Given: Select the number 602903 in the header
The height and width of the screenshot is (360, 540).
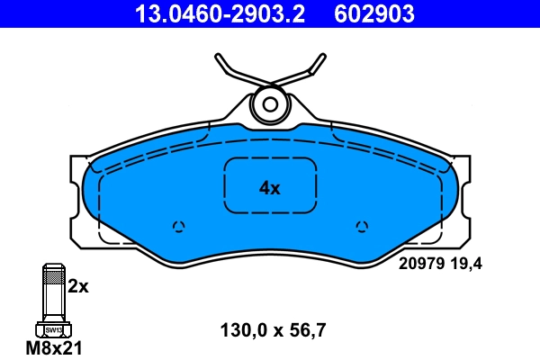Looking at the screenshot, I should point(374,13).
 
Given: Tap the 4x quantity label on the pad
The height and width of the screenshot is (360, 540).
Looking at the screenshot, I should point(270,188).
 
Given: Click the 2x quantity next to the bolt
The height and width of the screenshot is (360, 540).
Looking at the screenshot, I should point(78,287).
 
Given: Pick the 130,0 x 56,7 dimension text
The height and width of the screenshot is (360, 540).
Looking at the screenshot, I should point(273,329).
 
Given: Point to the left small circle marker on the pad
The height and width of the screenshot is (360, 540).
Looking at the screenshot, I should point(178,226).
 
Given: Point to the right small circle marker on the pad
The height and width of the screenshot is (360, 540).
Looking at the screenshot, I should point(362,226).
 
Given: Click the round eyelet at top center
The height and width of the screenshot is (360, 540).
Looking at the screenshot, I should point(270,103).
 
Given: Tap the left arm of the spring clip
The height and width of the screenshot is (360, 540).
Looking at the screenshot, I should point(230,69).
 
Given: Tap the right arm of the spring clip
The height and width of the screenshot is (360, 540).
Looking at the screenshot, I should point(310,69).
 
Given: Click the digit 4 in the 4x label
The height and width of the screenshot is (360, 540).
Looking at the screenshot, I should point(265,188).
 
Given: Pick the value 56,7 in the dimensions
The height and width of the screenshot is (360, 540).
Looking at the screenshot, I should point(308,329).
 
